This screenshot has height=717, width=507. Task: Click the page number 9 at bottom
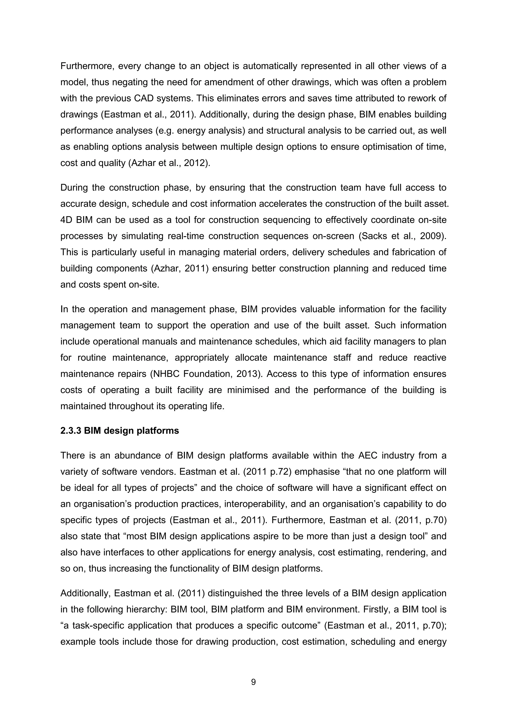point(253,682)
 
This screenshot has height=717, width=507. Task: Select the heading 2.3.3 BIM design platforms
point(120,431)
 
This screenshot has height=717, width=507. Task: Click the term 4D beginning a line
point(67,220)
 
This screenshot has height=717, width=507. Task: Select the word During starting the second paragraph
point(74,188)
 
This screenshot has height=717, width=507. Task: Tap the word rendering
point(407,552)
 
